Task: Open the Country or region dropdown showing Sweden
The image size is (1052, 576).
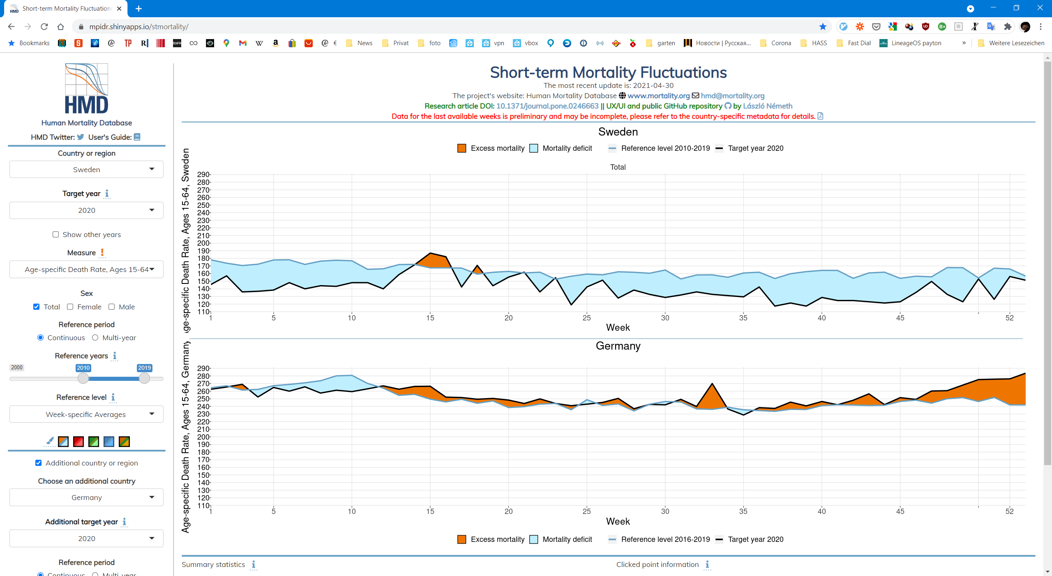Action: [86, 169]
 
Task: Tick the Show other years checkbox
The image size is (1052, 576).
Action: [55, 235]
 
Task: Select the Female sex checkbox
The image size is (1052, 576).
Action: [70, 307]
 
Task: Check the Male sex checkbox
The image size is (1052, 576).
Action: [111, 307]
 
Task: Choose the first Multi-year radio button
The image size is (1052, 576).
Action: [95, 338]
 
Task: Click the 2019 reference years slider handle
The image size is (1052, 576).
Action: [144, 378]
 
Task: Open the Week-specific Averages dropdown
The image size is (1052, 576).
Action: [86, 414]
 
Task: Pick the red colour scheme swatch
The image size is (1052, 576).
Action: [78, 442]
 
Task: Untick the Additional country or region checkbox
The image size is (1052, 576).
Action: [39, 463]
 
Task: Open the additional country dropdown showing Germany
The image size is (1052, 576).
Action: [86, 497]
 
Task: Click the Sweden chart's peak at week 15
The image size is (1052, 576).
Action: [430, 253]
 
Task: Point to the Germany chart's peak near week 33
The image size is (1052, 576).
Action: [712, 384]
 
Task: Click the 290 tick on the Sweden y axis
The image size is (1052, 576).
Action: [203, 175]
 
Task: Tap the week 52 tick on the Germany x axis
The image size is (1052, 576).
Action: [1010, 511]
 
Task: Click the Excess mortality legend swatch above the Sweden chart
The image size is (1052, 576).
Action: [462, 148]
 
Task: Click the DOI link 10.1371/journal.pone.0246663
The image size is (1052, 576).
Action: [547, 106]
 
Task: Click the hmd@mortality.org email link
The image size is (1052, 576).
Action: [733, 96]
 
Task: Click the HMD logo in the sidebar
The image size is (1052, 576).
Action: [87, 88]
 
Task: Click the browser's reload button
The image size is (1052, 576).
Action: [44, 27]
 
